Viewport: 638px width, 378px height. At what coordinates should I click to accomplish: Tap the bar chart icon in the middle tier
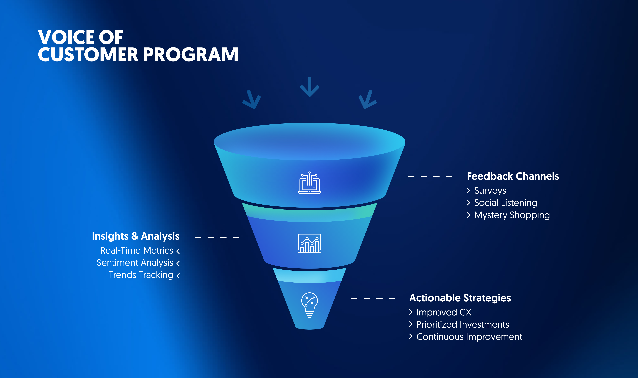pyautogui.click(x=309, y=243)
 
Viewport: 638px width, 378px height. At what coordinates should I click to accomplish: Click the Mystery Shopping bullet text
pyautogui.click(x=512, y=215)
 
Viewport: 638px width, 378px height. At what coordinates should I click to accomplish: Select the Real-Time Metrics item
pyautogui.click(x=137, y=251)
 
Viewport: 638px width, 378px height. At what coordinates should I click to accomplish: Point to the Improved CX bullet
pyautogui.click(x=444, y=312)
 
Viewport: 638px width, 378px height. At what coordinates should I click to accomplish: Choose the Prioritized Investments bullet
pyautogui.click(x=463, y=325)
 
